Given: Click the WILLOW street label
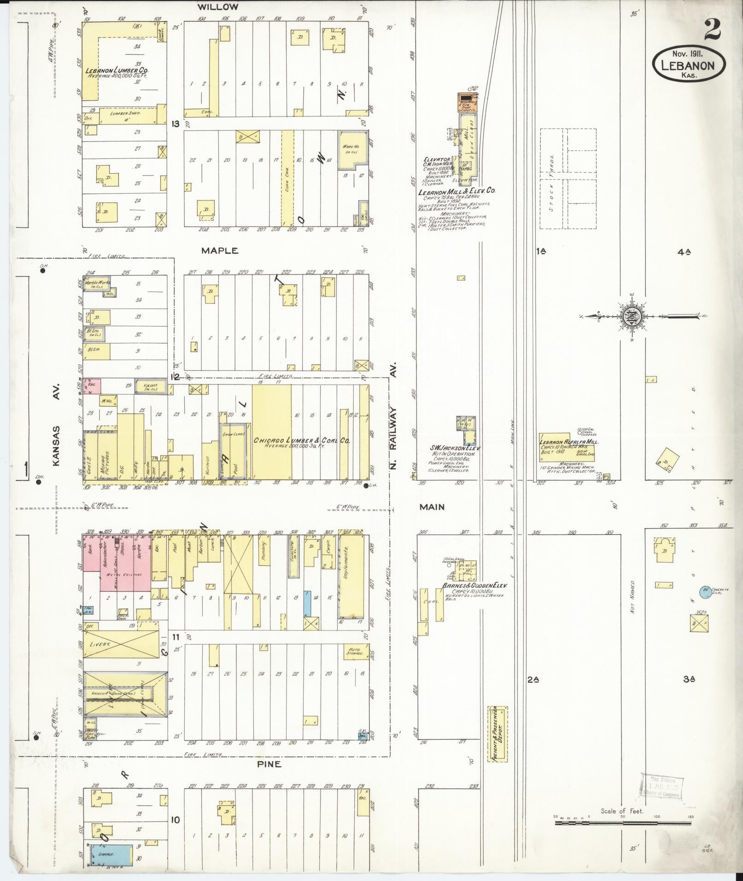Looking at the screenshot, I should click(x=218, y=7).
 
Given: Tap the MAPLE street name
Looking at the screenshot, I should click(x=220, y=251).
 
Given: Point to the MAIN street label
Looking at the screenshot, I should click(x=432, y=507).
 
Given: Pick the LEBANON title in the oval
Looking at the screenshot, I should click(x=688, y=65).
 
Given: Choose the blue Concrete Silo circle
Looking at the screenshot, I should click(x=704, y=592).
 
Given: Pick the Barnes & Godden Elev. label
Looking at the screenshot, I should click(x=474, y=585).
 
